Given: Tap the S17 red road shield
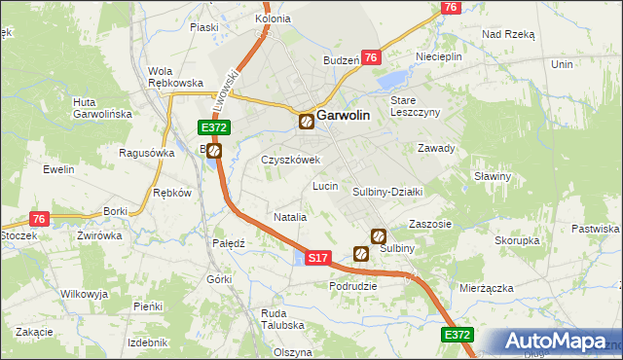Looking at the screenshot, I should click(317, 258).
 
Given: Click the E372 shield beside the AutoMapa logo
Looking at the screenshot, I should click(458, 335).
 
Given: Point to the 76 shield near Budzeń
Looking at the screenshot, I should click(371, 58).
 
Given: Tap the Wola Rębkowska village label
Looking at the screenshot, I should click(174, 76).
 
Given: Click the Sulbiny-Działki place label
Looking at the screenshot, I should click(386, 192).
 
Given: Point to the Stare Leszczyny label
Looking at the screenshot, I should click(416, 106).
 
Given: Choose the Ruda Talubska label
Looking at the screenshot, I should click(282, 319).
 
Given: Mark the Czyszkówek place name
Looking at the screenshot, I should click(291, 160).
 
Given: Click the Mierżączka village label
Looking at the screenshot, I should click(488, 289).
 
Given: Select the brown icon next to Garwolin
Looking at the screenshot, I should click(307, 122).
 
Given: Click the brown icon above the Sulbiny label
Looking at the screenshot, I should click(379, 235).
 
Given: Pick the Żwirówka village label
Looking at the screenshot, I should click(99, 235).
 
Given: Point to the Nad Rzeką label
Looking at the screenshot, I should click(509, 33).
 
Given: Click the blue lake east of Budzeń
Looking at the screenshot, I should click(395, 79).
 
